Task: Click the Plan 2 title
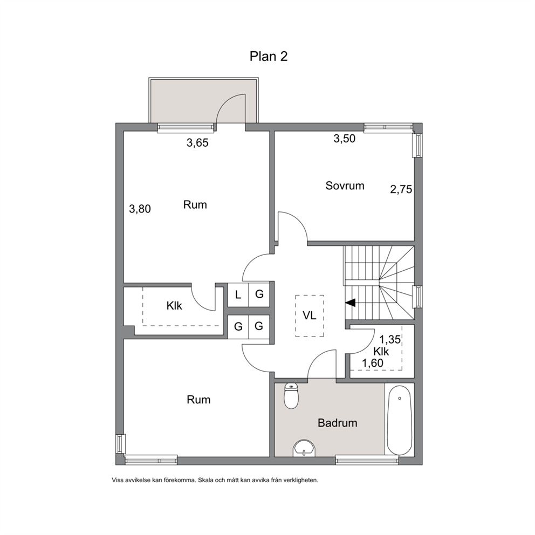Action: pyautogui.click(x=269, y=56)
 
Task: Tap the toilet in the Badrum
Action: pyautogui.click(x=291, y=396)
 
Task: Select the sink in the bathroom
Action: pyautogui.click(x=304, y=447)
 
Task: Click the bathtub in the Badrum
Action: pyautogui.click(x=399, y=420)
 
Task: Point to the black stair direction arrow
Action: pyautogui.click(x=351, y=303)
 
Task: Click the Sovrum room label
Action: pyautogui.click(x=345, y=186)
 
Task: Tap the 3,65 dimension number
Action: pyautogui.click(x=197, y=142)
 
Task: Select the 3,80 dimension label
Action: pyautogui.click(x=140, y=209)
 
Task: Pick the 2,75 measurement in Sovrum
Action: pyautogui.click(x=401, y=189)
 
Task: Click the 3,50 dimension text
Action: pyautogui.click(x=344, y=139)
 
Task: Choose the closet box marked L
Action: pyautogui.click(x=238, y=294)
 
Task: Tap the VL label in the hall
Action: pyautogui.click(x=310, y=315)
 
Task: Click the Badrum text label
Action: pyautogui.click(x=338, y=423)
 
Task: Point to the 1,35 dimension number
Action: pyautogui.click(x=390, y=339)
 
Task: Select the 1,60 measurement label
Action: pyautogui.click(x=373, y=363)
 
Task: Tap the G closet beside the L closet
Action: pyautogui.click(x=259, y=294)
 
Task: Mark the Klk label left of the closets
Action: pyautogui.click(x=174, y=306)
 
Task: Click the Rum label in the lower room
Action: pyautogui.click(x=198, y=400)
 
